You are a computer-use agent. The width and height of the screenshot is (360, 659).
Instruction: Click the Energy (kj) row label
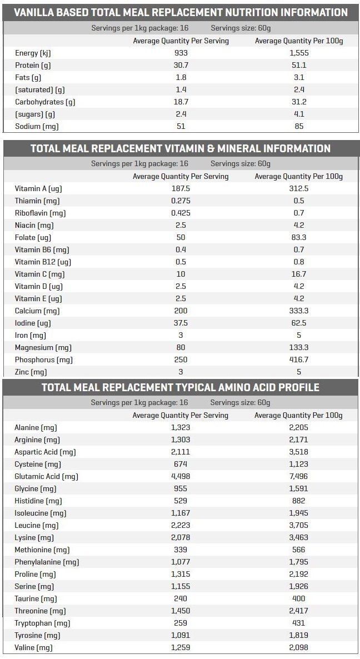click(33, 53)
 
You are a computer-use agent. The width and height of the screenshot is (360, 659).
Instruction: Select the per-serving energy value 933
click(181, 53)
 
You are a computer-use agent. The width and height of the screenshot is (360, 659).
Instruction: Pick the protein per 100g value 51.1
click(299, 65)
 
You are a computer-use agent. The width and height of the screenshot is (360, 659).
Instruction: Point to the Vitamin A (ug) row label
click(38, 189)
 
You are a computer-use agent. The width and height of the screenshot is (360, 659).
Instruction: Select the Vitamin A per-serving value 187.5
click(181, 189)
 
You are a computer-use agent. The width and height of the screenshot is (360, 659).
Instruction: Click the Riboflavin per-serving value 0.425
click(181, 213)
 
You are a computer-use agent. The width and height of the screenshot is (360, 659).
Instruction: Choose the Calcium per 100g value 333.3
click(299, 311)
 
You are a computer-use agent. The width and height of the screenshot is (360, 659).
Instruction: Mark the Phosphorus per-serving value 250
click(181, 360)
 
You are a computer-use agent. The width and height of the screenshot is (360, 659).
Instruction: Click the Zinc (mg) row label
click(31, 372)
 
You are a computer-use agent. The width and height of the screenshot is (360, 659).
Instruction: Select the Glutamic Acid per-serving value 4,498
click(181, 477)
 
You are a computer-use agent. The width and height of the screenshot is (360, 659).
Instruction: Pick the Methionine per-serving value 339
click(181, 550)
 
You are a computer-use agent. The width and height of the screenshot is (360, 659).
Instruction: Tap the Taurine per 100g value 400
click(299, 598)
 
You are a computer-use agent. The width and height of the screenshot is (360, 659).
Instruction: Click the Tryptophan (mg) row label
click(42, 623)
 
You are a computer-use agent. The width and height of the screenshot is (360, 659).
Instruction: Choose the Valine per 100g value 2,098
click(299, 648)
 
